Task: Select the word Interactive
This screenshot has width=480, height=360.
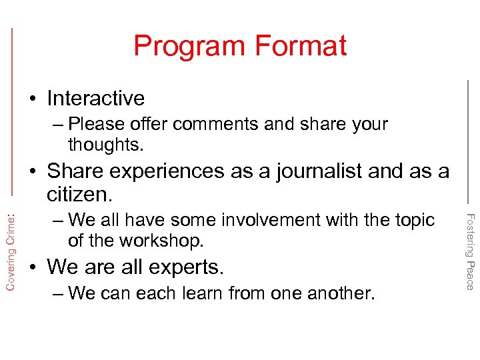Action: point(95,98)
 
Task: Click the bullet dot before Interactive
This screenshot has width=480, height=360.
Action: point(33,99)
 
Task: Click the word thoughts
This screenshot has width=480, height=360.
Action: point(105,144)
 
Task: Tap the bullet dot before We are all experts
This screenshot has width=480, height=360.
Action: point(33,267)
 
